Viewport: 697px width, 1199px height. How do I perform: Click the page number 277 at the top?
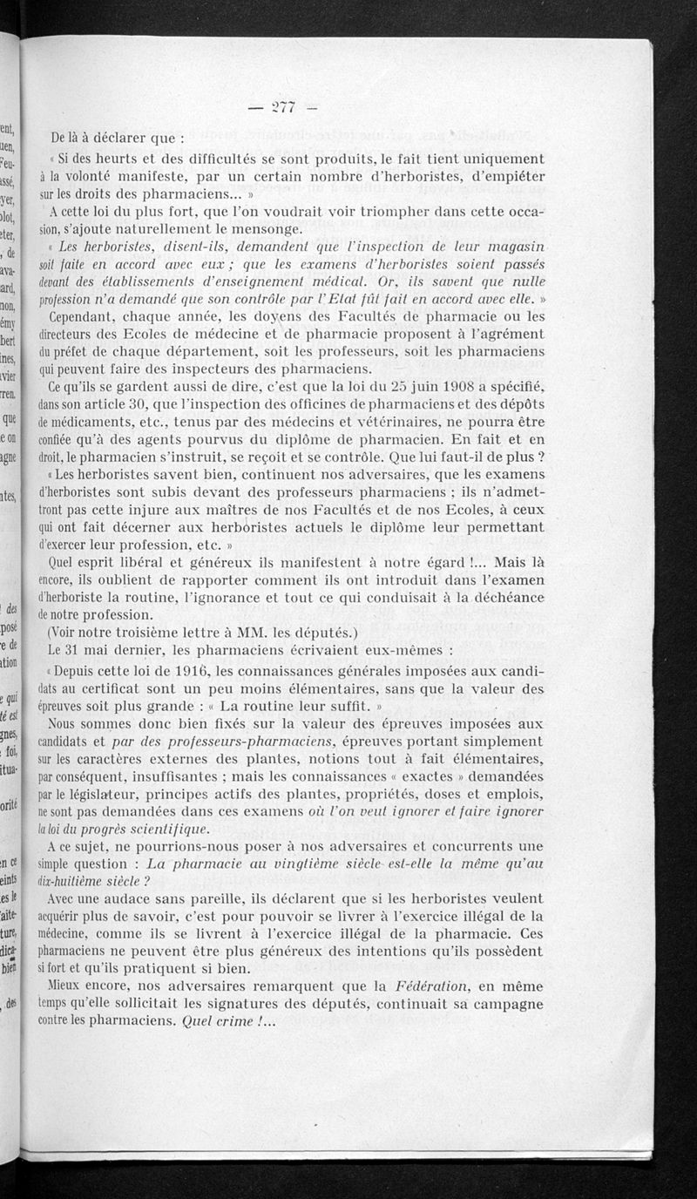point(284,107)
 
